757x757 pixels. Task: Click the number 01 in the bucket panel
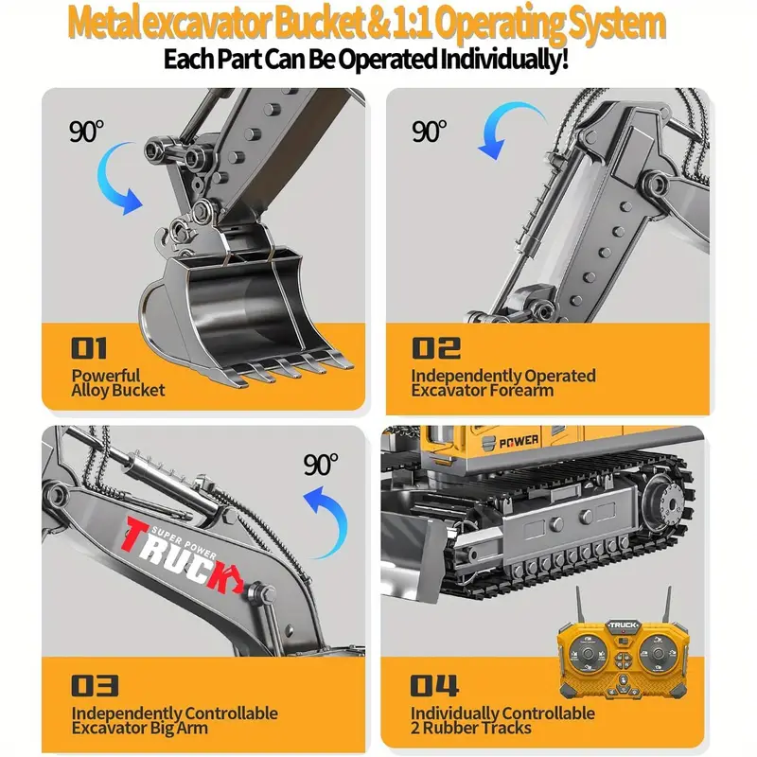click(x=90, y=347)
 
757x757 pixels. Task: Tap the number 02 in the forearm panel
click(x=435, y=347)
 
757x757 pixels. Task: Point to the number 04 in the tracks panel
click(x=434, y=684)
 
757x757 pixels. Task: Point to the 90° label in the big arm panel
click(x=321, y=465)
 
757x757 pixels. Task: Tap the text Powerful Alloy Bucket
click(x=118, y=382)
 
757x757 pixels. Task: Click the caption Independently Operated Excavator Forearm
click(x=502, y=382)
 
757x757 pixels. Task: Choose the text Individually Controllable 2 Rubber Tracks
click(x=502, y=720)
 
